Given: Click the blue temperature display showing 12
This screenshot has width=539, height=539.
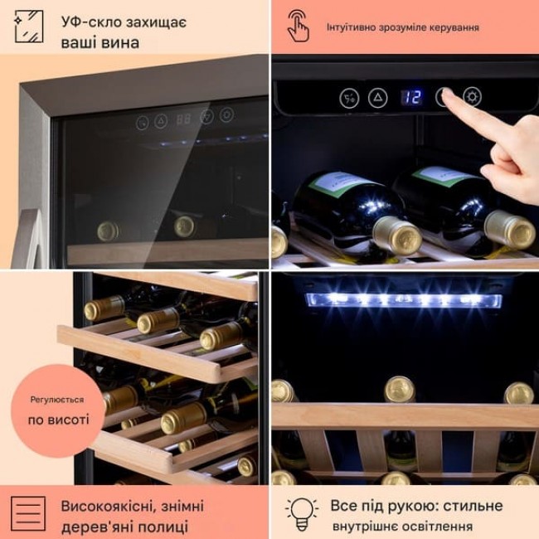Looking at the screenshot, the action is point(411,98).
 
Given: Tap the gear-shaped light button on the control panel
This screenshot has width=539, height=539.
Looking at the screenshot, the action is point(472,97).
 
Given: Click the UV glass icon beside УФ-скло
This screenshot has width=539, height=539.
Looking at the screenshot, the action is point(29,27).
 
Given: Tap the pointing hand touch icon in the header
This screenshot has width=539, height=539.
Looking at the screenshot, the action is point(298,26).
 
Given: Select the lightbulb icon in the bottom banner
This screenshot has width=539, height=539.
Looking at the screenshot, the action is point(302,514).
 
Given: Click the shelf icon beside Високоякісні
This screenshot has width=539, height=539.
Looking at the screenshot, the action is point(28,513).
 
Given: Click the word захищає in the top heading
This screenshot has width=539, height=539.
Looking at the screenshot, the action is point(156,22).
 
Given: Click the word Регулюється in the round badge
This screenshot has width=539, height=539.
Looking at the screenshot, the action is point(57,400).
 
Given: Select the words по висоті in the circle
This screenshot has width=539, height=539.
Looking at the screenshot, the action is point(58,420).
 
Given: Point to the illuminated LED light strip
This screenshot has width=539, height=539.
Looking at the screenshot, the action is point(404,299).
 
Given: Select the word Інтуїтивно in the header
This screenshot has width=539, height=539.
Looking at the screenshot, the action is point(352,27).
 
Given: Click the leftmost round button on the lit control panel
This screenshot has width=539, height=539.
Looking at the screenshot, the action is point(349,99).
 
